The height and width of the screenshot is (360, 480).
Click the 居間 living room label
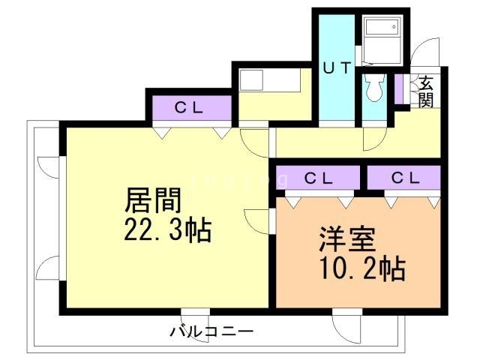[154, 201]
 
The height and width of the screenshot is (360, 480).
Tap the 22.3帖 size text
[167, 229]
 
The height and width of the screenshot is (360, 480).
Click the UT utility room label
[337, 68]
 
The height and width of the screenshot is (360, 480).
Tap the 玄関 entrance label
[426, 91]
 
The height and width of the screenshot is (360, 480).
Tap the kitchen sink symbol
[251, 80]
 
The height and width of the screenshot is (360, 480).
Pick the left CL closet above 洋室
[319, 178]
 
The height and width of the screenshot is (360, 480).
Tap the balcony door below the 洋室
[348, 324]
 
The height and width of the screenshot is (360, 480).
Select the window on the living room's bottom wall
[195, 312]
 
